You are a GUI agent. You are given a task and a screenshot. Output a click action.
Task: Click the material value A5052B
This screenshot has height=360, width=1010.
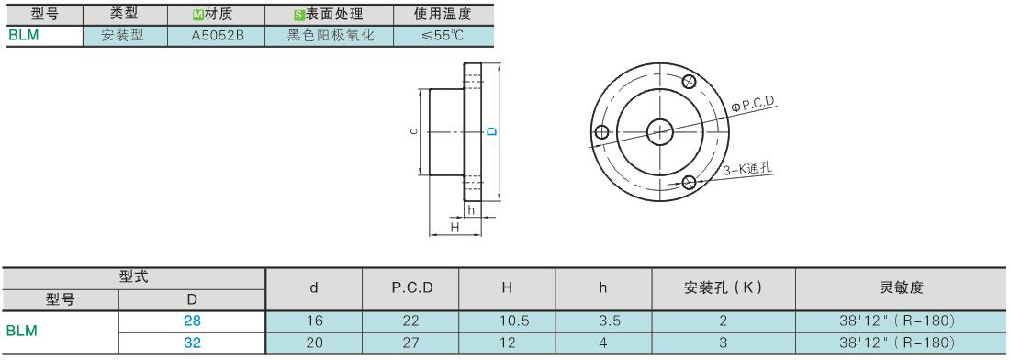[x=217, y=36]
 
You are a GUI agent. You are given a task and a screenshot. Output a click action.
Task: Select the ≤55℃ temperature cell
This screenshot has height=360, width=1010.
[x=443, y=36]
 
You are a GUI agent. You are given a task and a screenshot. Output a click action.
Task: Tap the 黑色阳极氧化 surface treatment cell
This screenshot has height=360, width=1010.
[x=330, y=36]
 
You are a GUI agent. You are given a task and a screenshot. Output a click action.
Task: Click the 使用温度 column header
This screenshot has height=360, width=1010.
[x=443, y=14]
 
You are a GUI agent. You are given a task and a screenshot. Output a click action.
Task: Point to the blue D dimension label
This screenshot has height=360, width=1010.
[x=491, y=131]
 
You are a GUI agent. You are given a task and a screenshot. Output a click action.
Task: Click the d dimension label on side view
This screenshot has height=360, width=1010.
[x=413, y=131]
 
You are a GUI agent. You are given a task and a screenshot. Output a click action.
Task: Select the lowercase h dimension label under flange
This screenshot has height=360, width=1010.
[x=472, y=210]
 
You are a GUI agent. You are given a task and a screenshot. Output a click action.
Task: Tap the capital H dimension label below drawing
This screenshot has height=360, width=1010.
[x=454, y=228]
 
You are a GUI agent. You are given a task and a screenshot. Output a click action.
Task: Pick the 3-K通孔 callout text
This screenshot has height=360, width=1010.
[x=747, y=169]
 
